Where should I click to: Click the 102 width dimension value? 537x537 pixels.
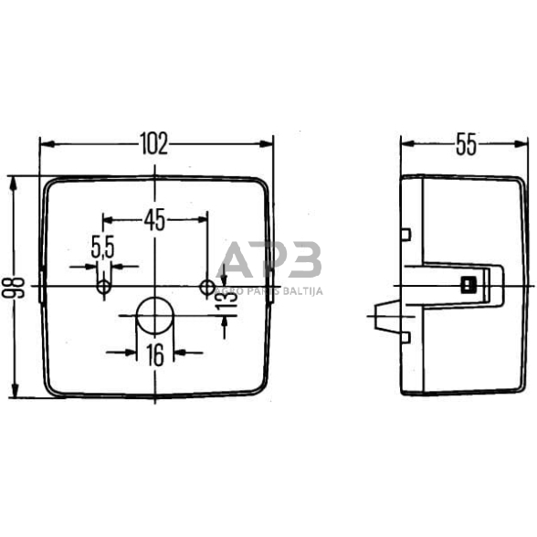155,144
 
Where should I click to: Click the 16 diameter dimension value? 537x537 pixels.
155,355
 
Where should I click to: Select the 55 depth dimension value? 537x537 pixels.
465,144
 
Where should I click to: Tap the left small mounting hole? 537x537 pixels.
104,288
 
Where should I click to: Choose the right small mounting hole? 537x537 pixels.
205,288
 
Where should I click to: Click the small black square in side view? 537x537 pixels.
469,282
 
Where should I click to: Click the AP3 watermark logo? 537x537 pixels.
273,259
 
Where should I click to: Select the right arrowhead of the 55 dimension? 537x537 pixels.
523,144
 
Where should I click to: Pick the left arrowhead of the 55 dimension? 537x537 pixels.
407,144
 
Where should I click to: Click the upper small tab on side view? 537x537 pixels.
405,234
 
